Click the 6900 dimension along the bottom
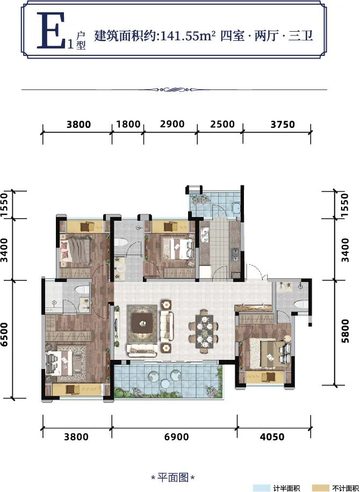[175, 437]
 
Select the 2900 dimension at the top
[172, 124]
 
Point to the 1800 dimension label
[128, 124]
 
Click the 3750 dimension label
[283, 125]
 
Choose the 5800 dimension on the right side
[345, 331]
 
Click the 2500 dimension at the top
[222, 124]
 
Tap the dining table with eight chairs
[204, 331]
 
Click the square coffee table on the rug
[142, 323]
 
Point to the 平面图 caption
[173, 478]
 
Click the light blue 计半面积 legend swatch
[263, 488]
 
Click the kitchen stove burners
[235, 254]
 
